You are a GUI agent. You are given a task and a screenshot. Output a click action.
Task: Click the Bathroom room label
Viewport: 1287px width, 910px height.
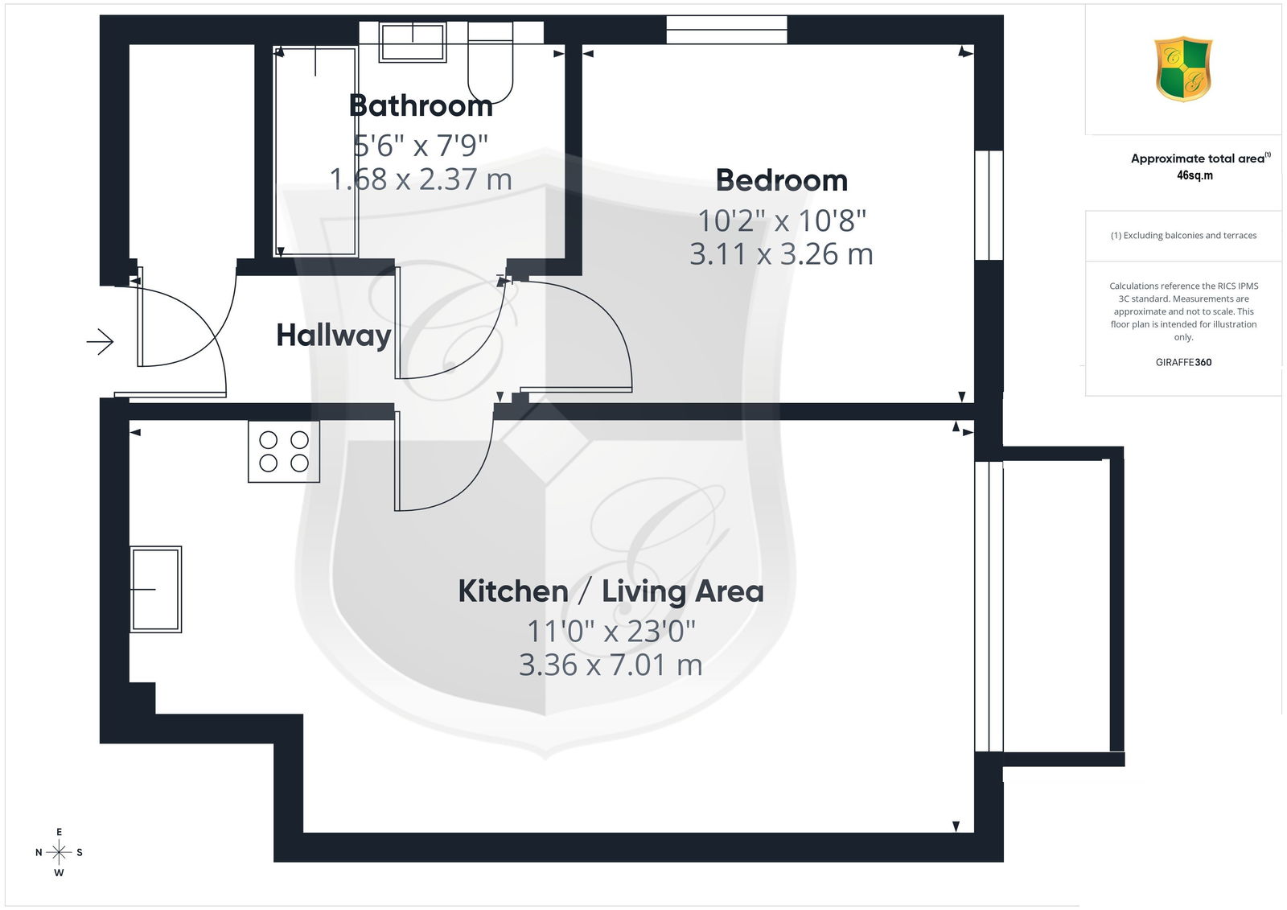[421, 105]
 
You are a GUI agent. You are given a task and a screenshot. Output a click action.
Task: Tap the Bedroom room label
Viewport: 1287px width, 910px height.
[781, 180]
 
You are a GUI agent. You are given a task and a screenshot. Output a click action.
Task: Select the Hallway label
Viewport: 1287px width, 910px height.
[334, 336]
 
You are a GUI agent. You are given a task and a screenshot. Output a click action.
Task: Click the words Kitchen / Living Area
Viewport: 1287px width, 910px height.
[611, 591]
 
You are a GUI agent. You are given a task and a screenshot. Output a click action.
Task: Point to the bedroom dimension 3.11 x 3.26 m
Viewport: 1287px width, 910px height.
[781, 254]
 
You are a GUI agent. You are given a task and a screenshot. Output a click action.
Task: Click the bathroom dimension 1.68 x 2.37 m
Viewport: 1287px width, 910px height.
[421, 179]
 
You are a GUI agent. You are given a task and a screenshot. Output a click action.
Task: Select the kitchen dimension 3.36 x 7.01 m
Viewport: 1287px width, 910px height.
[611, 665]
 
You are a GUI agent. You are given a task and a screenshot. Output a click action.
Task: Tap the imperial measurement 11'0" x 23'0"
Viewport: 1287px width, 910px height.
[611, 631]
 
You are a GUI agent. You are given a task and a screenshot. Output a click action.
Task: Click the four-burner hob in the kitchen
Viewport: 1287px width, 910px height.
[284, 451]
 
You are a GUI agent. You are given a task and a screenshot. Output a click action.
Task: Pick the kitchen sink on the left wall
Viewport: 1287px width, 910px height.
[156, 589]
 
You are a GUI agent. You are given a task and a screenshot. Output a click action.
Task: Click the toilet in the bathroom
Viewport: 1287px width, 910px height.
[490, 62]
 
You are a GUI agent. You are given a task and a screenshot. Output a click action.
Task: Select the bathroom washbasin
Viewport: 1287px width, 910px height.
[413, 42]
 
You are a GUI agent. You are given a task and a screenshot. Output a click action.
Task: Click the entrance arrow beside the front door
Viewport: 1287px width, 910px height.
[100, 341]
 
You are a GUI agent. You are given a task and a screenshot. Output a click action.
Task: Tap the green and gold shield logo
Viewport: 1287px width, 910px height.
[1183, 69]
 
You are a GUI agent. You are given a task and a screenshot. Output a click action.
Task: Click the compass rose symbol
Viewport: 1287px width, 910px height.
[59, 852]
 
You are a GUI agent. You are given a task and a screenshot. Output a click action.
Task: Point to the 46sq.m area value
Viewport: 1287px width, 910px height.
[1194, 175]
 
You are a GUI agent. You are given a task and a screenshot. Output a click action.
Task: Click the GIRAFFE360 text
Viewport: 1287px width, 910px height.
[1183, 362]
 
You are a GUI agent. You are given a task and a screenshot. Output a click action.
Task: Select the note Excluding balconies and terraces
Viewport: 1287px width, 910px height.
[1183, 235]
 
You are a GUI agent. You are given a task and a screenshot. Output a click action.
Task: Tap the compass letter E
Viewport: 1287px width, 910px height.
[60, 832]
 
